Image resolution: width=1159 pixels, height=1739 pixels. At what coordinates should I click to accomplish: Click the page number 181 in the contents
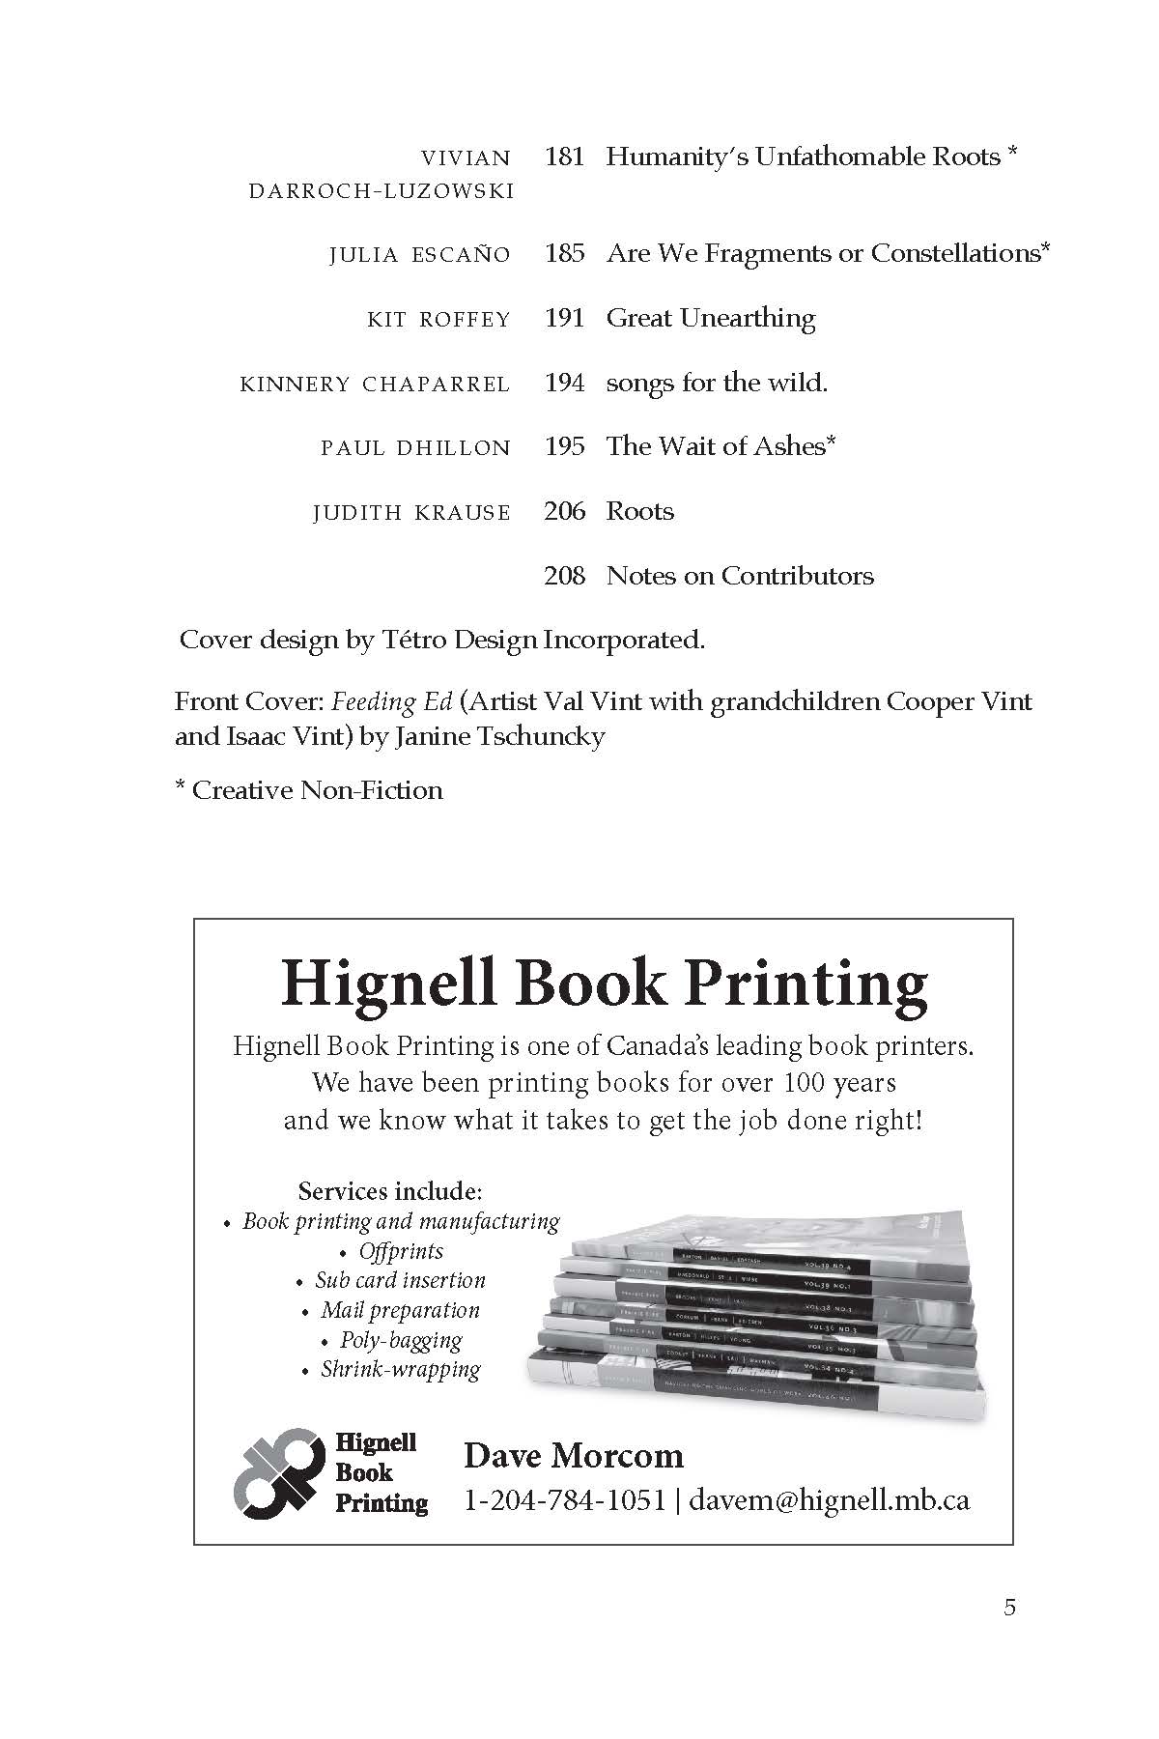coord(565,157)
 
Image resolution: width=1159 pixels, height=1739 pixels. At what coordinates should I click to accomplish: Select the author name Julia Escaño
coord(419,255)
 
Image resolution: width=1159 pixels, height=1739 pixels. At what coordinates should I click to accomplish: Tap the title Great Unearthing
coord(710,318)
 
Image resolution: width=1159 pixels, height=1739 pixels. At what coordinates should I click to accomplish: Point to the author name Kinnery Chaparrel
coord(375,385)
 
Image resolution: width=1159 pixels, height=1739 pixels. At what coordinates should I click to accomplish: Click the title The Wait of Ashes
coord(720,445)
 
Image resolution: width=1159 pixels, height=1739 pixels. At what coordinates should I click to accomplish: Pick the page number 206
coord(565,511)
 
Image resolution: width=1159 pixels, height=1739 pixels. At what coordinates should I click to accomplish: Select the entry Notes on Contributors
coord(739,576)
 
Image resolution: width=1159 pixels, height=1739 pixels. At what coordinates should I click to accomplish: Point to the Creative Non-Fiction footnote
coord(309,790)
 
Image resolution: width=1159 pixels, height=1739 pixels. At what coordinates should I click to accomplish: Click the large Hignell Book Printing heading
coord(604,984)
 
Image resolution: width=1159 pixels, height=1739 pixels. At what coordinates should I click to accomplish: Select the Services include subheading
coord(390,1190)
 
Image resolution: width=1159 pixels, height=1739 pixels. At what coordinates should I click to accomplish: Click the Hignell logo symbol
coord(279,1470)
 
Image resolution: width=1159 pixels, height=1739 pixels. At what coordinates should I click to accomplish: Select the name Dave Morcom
coord(574,1456)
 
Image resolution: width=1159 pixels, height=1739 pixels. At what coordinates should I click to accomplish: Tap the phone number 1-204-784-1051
coord(565,1499)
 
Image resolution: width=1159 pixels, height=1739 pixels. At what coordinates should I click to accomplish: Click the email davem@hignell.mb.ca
coord(830,1499)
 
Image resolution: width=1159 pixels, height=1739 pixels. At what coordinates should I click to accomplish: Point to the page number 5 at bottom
coord(1009,1608)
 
